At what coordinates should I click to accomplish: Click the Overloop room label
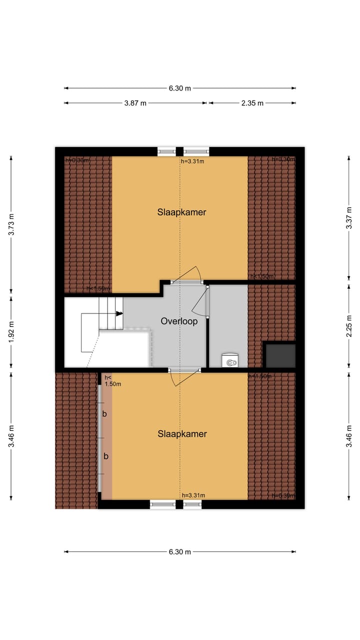[179, 321]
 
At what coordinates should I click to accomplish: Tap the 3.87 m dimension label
[135, 103]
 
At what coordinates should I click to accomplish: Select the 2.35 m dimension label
[252, 103]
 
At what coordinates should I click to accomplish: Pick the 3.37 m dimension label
[348, 218]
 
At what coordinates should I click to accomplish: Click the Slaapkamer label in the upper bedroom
[181, 212]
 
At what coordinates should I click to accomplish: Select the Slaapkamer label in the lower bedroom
[182, 434]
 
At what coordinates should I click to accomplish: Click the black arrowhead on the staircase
[119, 313]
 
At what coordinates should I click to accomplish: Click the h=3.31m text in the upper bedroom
[192, 161]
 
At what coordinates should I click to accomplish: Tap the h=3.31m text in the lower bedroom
[193, 495]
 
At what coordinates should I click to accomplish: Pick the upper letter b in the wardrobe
[105, 414]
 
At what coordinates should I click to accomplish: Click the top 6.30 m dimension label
[179, 88]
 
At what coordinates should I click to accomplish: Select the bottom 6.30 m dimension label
[179, 552]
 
